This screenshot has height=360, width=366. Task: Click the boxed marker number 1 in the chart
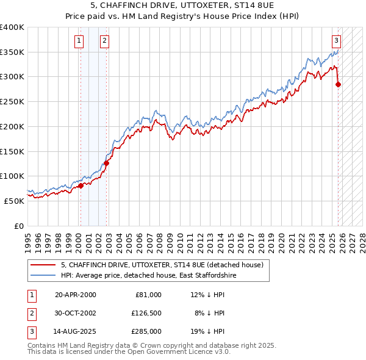(79, 41)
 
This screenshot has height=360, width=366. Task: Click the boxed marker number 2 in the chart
(105, 41)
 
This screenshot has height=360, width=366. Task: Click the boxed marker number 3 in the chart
(336, 41)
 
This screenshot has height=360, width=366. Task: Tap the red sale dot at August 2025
(339, 85)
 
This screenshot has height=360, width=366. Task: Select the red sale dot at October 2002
(106, 163)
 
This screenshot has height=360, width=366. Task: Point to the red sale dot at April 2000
(80, 185)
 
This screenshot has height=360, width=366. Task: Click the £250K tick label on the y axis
(12, 102)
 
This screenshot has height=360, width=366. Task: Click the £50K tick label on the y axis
(14, 201)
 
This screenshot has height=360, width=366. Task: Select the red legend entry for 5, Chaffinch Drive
(162, 265)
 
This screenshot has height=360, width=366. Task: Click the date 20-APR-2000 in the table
(75, 295)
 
